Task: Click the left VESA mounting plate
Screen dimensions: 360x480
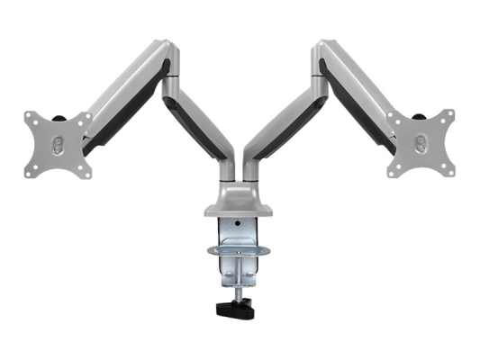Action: (56, 144)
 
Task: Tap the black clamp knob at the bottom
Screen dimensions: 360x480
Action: (235, 311)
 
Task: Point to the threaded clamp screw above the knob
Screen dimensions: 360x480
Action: (237, 286)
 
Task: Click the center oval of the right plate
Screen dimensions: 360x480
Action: (421, 143)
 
